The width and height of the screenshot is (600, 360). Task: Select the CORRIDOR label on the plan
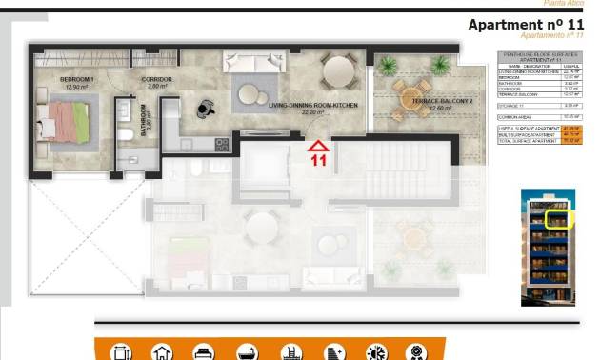pos(155,79)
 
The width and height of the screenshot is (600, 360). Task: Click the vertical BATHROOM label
pos(146,127)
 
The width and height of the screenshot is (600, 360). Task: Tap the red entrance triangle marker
pos(318,146)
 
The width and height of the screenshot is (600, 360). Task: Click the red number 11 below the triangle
pos(318,160)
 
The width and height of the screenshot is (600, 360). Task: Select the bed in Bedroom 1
pos(64,122)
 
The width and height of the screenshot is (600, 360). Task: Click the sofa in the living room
pos(254,63)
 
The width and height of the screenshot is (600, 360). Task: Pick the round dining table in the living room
pos(339,70)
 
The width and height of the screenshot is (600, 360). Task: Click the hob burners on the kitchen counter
pos(223,144)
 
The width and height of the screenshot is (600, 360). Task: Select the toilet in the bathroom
pos(127,134)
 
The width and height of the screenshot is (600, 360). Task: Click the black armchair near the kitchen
pos(206,110)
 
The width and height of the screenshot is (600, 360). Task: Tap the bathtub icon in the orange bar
pos(247,350)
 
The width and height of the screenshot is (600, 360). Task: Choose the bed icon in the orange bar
pos(202,350)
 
